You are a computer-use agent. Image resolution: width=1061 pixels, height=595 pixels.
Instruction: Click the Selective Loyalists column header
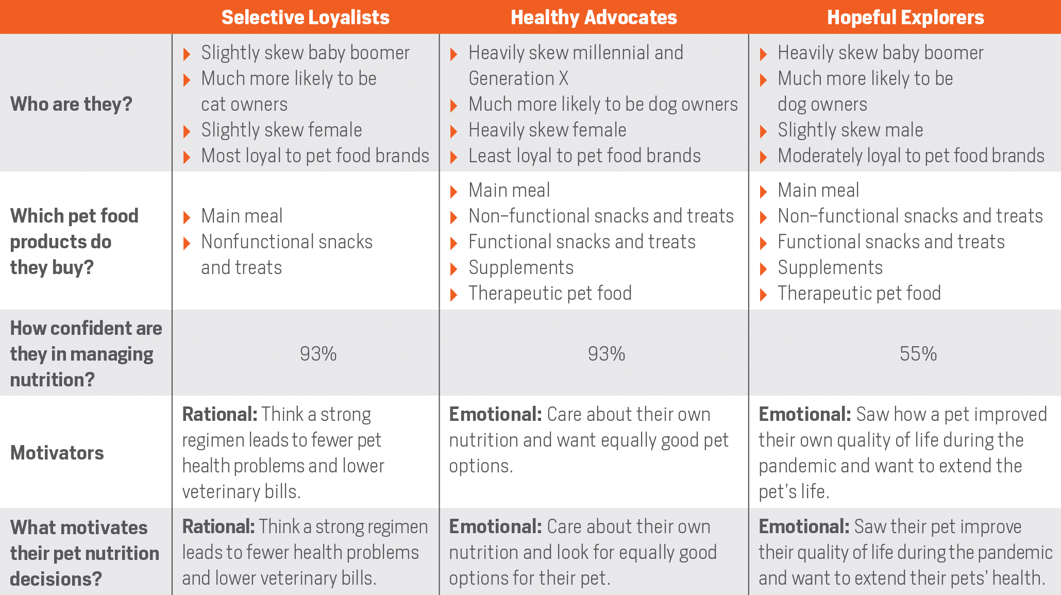[x=306, y=18]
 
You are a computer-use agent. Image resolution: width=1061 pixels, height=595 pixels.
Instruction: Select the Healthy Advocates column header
[x=594, y=18]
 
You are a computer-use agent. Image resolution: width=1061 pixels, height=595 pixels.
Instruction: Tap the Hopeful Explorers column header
[x=905, y=18]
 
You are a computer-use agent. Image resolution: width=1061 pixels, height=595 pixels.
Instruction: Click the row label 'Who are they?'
[x=71, y=104]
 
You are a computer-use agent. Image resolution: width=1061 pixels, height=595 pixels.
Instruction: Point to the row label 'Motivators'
[x=57, y=453]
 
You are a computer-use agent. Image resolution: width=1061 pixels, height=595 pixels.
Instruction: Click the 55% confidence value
[x=918, y=354]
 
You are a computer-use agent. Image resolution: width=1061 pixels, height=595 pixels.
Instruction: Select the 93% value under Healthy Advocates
[x=607, y=354]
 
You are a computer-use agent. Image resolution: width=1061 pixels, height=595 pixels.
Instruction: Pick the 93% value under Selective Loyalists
[x=318, y=354]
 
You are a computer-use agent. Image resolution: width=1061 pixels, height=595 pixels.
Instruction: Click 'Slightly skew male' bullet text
[x=850, y=130]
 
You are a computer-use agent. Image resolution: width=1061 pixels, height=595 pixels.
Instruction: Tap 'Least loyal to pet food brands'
[x=585, y=156]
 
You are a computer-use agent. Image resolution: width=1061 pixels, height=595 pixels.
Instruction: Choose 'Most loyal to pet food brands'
[x=315, y=156]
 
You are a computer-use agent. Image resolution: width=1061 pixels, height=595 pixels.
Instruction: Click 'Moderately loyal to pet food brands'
[x=911, y=156]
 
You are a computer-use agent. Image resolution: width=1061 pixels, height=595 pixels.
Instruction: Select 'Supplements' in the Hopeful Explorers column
[x=830, y=267]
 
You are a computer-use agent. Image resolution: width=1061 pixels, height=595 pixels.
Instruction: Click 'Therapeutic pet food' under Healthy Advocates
[x=550, y=293]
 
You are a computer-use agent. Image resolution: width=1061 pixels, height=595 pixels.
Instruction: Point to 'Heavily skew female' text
[x=548, y=130]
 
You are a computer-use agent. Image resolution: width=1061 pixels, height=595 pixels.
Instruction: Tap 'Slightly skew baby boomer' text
[x=306, y=53]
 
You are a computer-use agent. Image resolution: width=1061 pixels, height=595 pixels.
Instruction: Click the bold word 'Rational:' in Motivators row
[x=220, y=414]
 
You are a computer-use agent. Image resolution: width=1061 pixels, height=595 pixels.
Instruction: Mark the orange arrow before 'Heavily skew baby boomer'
[x=764, y=54]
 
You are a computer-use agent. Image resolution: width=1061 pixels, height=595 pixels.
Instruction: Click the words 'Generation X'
[x=518, y=78]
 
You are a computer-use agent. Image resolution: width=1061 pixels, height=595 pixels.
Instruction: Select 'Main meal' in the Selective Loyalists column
[x=242, y=216]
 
